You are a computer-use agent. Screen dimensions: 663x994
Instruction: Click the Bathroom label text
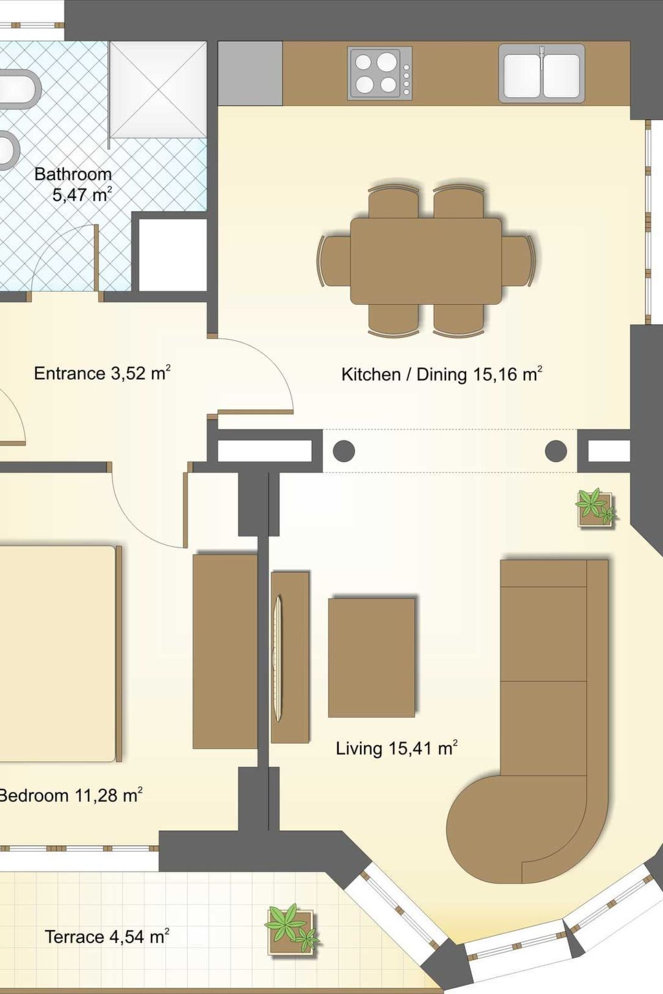(73, 174)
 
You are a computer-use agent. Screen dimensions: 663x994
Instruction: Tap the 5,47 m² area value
(82, 194)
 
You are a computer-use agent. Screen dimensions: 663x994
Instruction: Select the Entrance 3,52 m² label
(102, 373)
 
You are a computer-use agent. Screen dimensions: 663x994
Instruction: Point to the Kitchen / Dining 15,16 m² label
(442, 374)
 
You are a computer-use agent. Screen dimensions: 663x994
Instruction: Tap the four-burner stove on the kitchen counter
(381, 72)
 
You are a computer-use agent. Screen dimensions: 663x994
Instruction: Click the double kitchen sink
(542, 72)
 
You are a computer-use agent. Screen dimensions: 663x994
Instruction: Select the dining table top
(426, 261)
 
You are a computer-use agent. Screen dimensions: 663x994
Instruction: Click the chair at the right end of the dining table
(518, 261)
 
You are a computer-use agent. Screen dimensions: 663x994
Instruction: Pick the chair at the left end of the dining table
(334, 261)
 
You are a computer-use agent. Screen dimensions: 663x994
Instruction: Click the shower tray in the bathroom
(158, 90)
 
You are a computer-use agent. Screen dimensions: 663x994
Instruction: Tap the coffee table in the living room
(371, 657)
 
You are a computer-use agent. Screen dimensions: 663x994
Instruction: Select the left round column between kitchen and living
(344, 451)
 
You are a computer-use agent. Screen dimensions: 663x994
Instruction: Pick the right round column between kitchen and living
(556, 451)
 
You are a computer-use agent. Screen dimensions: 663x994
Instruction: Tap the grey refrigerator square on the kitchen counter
(251, 73)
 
